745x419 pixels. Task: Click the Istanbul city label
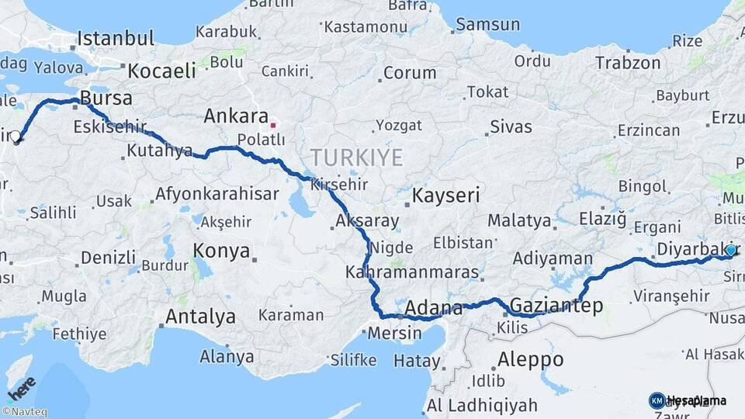click(x=116, y=38)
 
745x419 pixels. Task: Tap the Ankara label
click(x=236, y=117)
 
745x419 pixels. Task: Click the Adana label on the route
click(x=433, y=307)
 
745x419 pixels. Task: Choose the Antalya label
click(x=200, y=317)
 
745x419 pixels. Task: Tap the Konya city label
click(x=221, y=251)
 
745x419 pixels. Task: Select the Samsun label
click(x=487, y=25)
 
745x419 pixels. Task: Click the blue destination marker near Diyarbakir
click(x=730, y=250)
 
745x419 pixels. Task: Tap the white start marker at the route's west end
click(x=16, y=137)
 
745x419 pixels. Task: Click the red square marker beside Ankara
click(x=272, y=124)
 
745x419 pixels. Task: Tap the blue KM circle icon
click(x=657, y=400)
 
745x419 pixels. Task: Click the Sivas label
click(x=511, y=126)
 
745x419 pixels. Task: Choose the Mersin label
click(x=396, y=334)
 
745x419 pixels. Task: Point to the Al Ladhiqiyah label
click(x=481, y=404)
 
